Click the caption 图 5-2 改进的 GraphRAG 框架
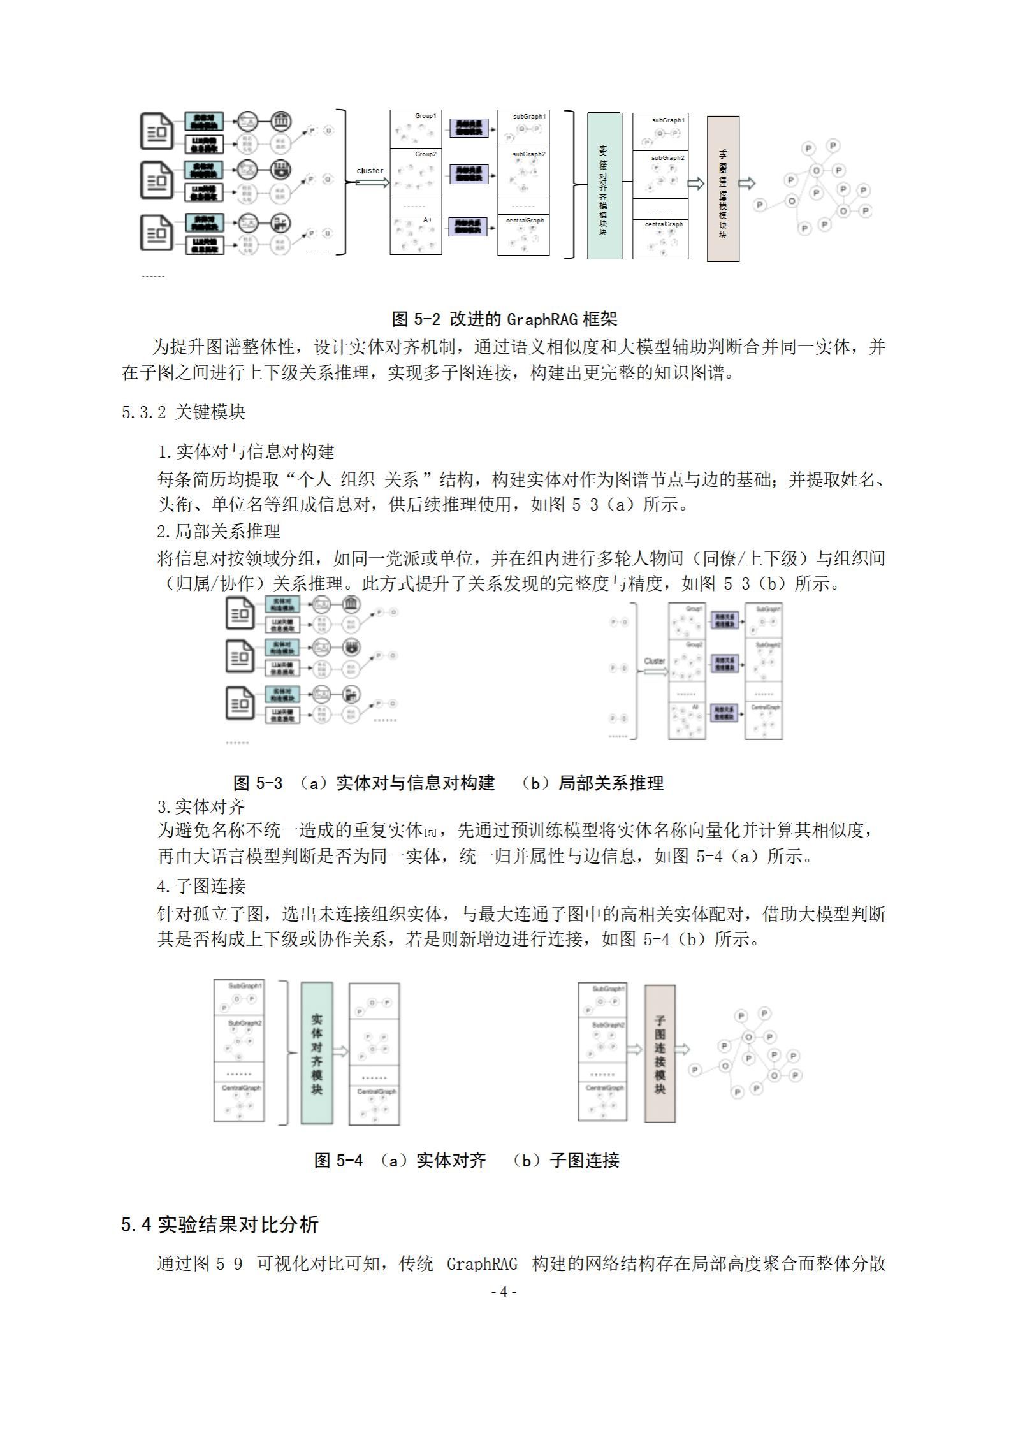point(504,319)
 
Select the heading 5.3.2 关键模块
point(184,412)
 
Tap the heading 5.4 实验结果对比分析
point(220,1224)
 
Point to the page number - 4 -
point(504,1291)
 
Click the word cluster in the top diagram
point(370,171)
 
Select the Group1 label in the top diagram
point(425,116)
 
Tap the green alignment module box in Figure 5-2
point(604,186)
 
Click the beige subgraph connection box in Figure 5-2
point(723,189)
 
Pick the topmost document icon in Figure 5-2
point(156,132)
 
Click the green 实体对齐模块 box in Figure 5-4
point(317,1053)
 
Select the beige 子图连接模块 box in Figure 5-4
point(660,1053)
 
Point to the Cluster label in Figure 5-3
point(654,661)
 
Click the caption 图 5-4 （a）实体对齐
point(400,1160)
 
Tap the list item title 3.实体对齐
point(201,806)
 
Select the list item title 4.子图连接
point(201,886)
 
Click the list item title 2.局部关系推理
point(219,531)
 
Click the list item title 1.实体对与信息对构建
point(245,452)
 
